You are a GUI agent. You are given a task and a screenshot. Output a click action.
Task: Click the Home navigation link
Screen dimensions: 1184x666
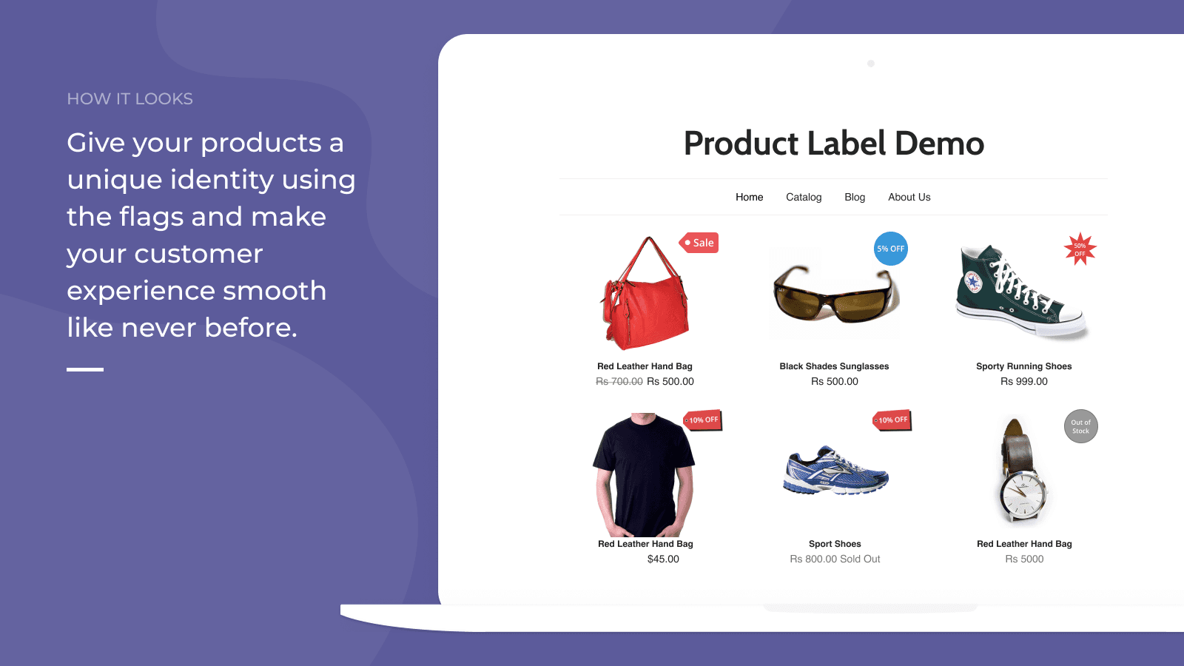click(749, 197)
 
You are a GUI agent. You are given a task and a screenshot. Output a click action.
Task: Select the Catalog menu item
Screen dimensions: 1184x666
click(804, 197)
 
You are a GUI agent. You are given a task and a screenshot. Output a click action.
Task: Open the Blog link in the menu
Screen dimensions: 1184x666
click(855, 197)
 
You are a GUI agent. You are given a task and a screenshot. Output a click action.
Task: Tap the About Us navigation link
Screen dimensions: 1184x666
click(909, 197)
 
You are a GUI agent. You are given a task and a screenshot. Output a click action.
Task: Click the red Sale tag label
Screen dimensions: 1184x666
click(699, 243)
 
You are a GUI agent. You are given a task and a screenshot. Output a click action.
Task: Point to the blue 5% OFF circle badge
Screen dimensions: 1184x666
click(891, 249)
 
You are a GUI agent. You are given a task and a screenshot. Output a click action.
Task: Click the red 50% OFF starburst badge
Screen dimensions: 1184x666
click(1080, 249)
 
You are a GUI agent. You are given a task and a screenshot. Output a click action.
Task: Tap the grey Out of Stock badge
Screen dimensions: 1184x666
click(1081, 426)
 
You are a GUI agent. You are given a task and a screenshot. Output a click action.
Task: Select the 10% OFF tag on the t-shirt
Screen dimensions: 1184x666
click(702, 420)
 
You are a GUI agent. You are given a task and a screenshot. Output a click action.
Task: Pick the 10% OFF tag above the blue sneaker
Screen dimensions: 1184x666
click(892, 420)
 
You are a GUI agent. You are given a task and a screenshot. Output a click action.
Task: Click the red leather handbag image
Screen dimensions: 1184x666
click(645, 293)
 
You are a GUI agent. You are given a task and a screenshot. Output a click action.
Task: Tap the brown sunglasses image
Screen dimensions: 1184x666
click(835, 293)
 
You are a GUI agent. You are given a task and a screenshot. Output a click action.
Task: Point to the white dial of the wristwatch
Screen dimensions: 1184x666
click(1023, 497)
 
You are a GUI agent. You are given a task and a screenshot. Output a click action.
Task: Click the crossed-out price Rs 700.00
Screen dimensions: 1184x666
click(619, 382)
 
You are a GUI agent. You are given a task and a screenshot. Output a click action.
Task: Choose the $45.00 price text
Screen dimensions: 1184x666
click(663, 559)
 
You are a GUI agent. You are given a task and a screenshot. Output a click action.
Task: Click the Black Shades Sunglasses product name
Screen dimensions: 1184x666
click(834, 366)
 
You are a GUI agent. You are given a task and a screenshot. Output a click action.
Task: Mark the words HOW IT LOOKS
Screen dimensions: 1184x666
click(129, 99)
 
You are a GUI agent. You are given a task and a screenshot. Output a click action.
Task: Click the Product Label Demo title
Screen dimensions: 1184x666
click(833, 144)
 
